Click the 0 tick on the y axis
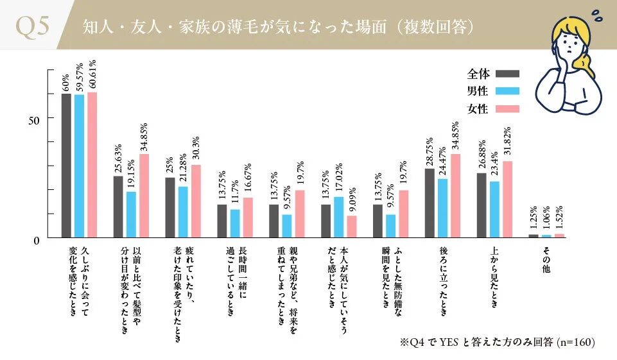[36, 240]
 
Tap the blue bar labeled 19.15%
[131, 214]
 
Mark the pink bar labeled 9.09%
[351, 227]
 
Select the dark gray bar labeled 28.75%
[429, 203]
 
